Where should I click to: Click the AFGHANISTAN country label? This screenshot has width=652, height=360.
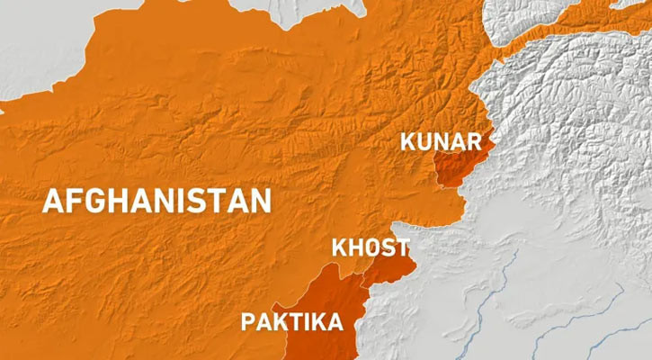pos(156,200)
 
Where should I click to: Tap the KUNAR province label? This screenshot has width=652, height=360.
pos(441,141)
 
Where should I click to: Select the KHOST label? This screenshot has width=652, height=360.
pos(371,247)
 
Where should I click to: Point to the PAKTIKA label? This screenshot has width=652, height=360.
pos(291,321)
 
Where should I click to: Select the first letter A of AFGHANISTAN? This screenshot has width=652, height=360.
pos(54,200)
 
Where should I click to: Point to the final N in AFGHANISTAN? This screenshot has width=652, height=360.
pos(260,200)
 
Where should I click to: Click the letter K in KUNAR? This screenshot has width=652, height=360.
pos(407,141)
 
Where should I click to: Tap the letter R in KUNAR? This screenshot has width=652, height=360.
pos(475,141)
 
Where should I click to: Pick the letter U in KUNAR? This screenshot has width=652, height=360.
pos(424,141)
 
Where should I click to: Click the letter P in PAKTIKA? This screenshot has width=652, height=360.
pos(246,321)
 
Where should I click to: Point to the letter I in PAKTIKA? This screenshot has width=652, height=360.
pos(311,321)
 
